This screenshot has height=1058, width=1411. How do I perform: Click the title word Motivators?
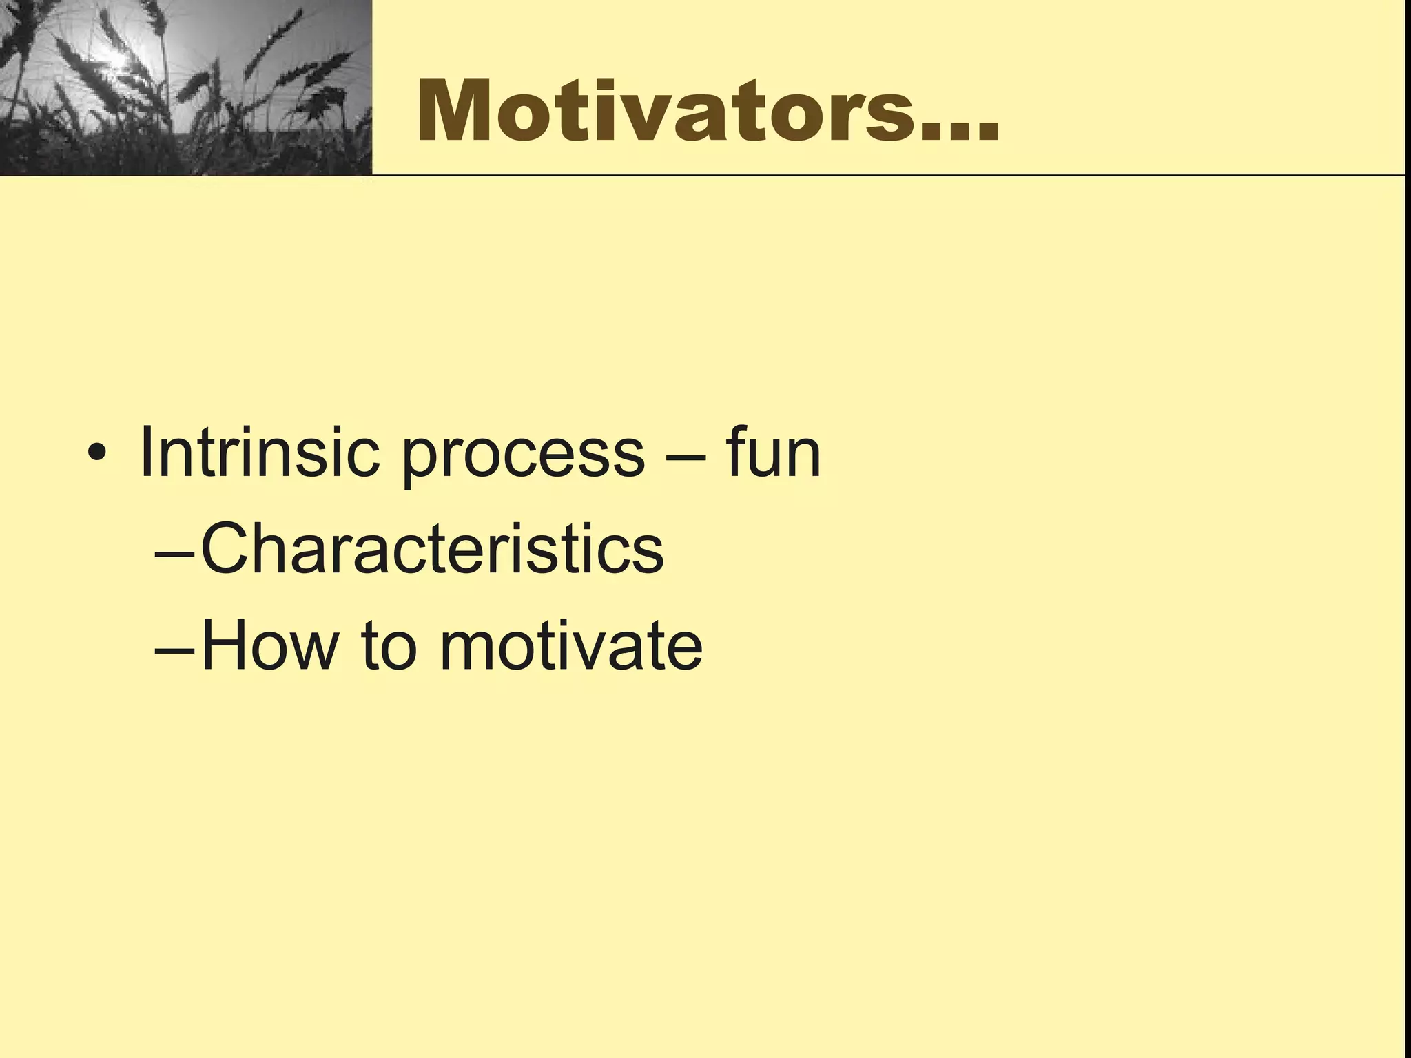(668, 112)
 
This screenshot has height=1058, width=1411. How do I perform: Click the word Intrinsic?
(259, 453)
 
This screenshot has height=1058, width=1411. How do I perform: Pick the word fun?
(772, 453)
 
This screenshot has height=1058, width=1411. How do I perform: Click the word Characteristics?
(432, 549)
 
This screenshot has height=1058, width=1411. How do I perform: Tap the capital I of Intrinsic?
(146, 453)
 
